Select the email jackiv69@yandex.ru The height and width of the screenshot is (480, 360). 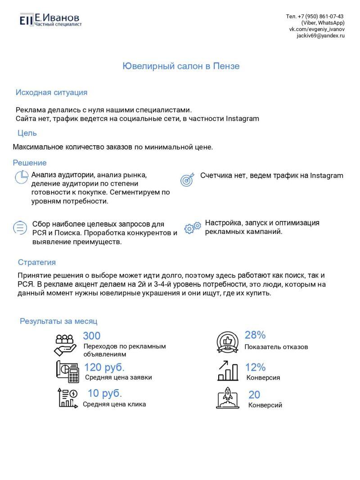click(x=320, y=36)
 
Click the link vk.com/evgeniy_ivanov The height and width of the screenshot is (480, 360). click(x=317, y=29)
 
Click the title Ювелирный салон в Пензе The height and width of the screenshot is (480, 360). click(x=181, y=67)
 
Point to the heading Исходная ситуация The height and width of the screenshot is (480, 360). click(x=51, y=93)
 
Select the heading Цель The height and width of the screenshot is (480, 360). click(x=27, y=133)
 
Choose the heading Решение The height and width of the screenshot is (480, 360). click(x=30, y=163)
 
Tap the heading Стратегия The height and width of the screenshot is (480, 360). click(x=37, y=262)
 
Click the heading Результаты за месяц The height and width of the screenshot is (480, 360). click(x=58, y=321)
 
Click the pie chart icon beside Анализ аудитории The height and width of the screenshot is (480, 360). click(x=22, y=177)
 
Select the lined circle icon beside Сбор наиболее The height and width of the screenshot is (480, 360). click(x=20, y=228)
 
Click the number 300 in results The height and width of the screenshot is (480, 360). click(x=92, y=336)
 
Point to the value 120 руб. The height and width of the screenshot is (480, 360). click(x=104, y=367)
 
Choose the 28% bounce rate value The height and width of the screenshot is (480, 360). click(x=255, y=335)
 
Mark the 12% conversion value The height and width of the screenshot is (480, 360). click(x=255, y=367)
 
